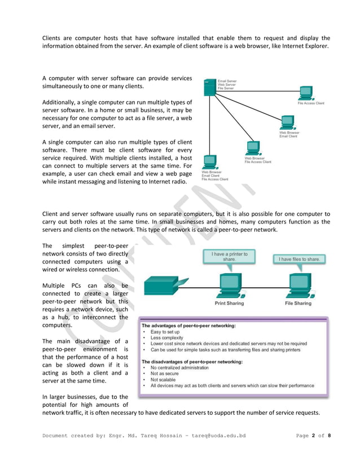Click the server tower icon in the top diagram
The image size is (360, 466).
(x=209, y=87)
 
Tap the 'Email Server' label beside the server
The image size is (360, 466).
(x=227, y=81)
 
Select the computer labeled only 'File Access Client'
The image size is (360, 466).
(x=306, y=93)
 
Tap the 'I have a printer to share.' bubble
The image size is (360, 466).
(x=229, y=257)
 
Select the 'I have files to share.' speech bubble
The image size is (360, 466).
(x=298, y=259)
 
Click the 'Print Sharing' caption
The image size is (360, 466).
(x=229, y=303)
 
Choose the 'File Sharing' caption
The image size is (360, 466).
(x=298, y=303)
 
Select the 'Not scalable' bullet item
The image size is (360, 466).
(x=164, y=380)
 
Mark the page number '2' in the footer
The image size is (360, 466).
(x=313, y=436)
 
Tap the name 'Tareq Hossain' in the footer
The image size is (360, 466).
(x=154, y=436)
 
